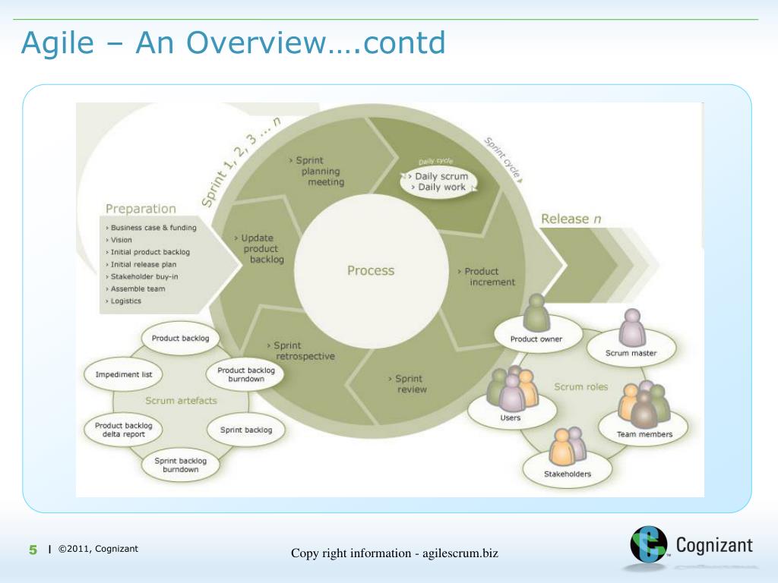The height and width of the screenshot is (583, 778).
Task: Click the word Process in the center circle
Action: [x=371, y=270]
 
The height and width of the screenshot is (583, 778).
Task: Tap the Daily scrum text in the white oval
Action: [x=441, y=176]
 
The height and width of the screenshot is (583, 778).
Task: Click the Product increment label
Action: [x=487, y=276]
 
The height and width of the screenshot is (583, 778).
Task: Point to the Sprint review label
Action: [x=410, y=384]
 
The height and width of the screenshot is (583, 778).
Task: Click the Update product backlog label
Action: [x=261, y=248]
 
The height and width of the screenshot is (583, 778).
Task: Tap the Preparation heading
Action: [x=141, y=209]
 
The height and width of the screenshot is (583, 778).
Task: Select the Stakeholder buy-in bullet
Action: [x=145, y=276]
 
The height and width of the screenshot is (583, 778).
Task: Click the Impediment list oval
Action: [x=124, y=374]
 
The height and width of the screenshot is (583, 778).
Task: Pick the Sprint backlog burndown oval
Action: [x=180, y=465]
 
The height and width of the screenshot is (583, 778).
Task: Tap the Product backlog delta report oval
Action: [x=123, y=430]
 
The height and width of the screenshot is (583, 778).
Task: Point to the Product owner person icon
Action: [x=537, y=311]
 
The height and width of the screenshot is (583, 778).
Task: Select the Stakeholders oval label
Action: [x=567, y=474]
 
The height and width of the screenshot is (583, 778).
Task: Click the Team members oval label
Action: [x=645, y=434]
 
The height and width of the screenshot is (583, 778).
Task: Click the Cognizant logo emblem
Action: [x=648, y=545]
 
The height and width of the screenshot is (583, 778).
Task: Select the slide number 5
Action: [x=33, y=550]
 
